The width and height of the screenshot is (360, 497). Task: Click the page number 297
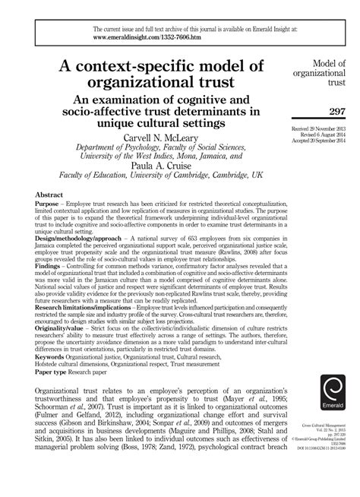(337, 112)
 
